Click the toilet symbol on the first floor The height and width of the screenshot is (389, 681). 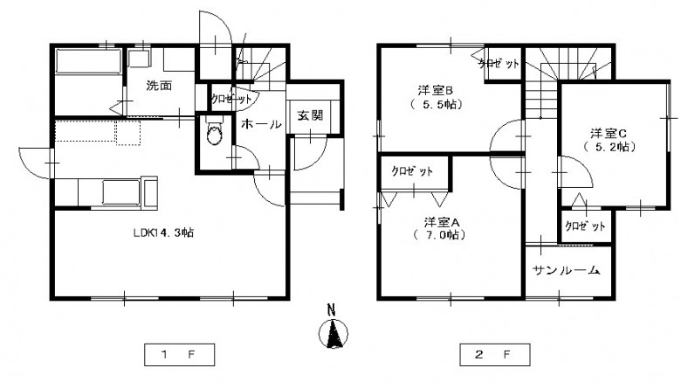(214, 129)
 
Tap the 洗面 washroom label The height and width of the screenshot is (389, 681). (159, 85)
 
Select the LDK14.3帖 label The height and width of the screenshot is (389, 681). (163, 233)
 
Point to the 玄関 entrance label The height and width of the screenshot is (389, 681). (310, 115)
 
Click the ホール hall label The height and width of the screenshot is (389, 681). (261, 125)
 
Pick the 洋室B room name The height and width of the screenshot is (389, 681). (436, 90)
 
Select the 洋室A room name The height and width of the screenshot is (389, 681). (442, 223)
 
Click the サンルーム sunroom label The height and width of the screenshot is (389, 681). (567, 270)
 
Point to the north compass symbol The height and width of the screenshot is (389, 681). (334, 334)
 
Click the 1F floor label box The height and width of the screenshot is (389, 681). (179, 355)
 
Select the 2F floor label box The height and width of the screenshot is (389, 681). (495, 355)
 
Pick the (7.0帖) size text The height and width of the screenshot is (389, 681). (439, 235)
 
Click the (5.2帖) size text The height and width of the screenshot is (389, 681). (609, 147)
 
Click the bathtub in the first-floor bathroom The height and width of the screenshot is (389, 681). (88, 61)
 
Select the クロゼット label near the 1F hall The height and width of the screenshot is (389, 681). (231, 99)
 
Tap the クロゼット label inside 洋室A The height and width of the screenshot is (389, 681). (412, 170)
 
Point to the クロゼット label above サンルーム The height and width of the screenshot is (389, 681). (585, 226)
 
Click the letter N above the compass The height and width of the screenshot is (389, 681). (332, 310)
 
